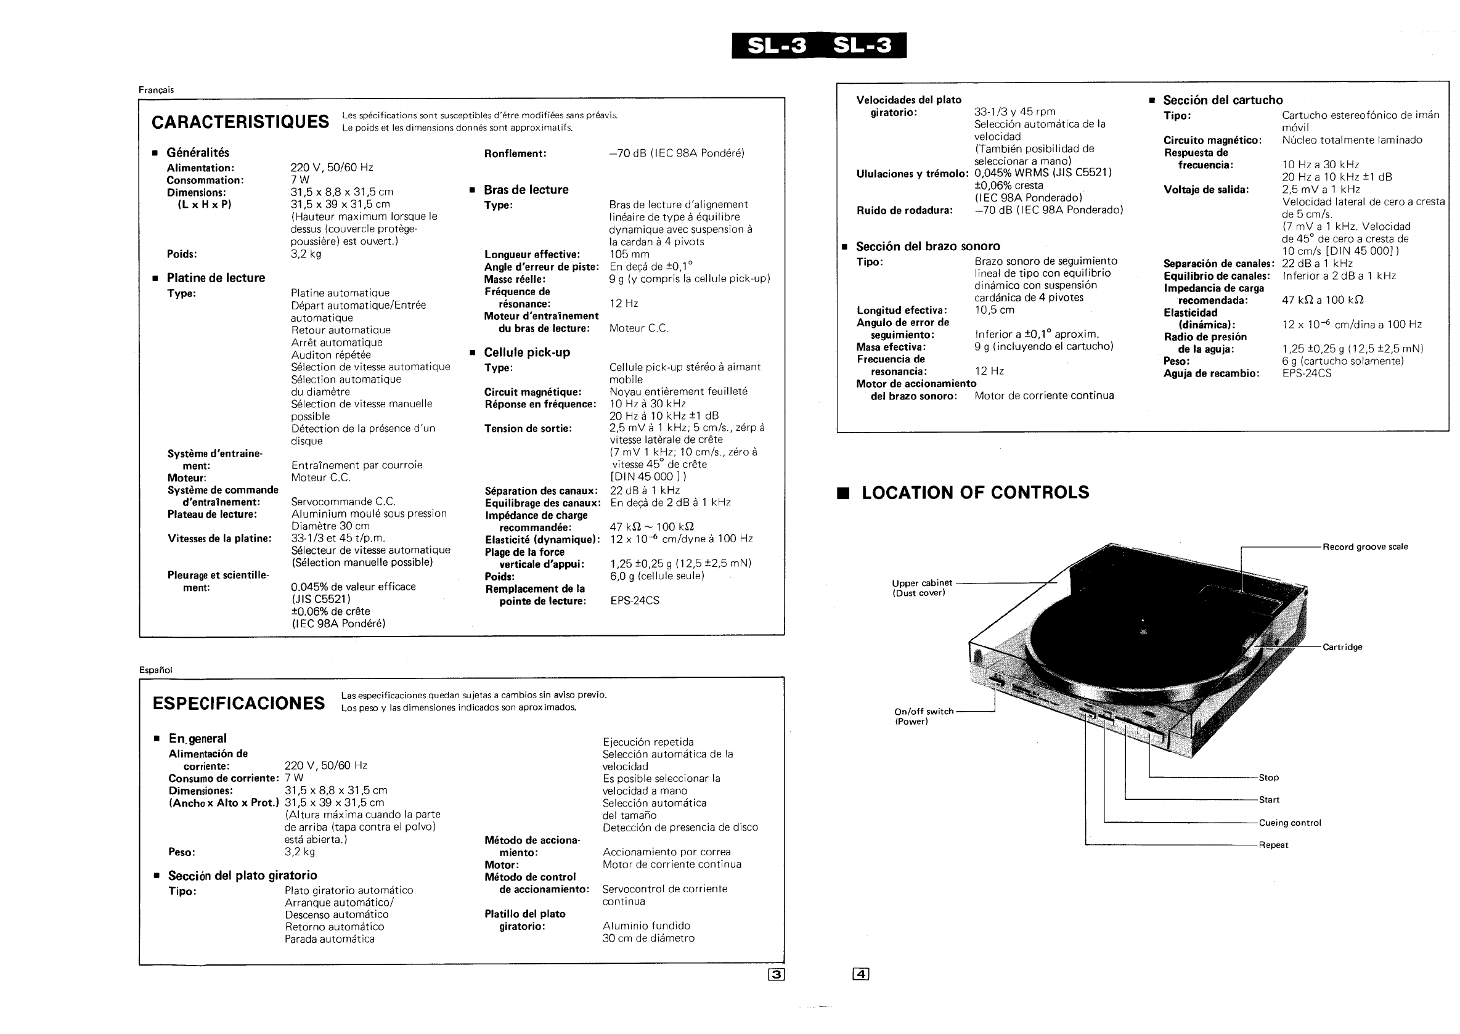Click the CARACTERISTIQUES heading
(x=240, y=121)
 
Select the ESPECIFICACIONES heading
(x=238, y=703)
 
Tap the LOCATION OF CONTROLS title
(x=975, y=492)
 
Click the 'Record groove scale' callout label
(x=1364, y=547)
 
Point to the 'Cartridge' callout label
(x=1342, y=647)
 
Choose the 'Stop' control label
(x=1268, y=778)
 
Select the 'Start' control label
(x=1268, y=800)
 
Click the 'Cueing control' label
(x=1289, y=823)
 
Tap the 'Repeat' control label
(x=1273, y=845)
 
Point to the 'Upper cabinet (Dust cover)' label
(x=921, y=588)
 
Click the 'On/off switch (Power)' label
(x=923, y=716)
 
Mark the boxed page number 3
(x=776, y=974)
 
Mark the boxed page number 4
(x=860, y=974)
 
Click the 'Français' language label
(x=156, y=90)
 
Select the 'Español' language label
(x=155, y=670)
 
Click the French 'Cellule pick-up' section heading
(x=526, y=352)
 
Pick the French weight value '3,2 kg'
(x=306, y=254)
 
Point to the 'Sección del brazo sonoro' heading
(x=927, y=246)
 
